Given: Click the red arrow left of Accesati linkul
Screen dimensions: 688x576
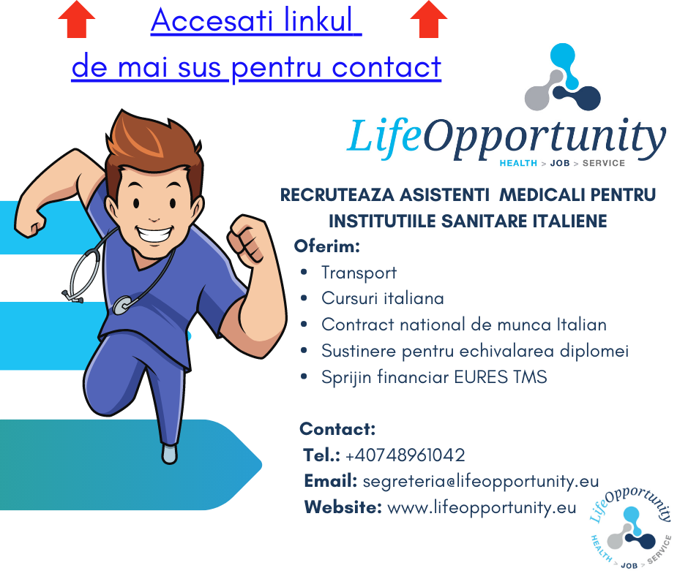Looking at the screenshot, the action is click(76, 19).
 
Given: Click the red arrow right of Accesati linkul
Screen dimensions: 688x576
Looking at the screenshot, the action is click(429, 19).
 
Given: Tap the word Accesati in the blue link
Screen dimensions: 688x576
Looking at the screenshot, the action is click(212, 20).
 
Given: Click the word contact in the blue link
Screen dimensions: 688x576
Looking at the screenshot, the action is click(386, 67).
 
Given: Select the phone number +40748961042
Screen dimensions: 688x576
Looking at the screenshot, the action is click(405, 455).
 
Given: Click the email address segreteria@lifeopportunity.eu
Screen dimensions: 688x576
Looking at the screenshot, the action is click(480, 481).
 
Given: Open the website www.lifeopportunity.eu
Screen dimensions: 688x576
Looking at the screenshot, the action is click(482, 507).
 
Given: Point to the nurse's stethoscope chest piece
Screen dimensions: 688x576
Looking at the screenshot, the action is click(122, 305).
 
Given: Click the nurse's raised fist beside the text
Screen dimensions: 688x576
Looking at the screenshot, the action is click(247, 240).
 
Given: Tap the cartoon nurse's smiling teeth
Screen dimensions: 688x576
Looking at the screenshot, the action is click(154, 232).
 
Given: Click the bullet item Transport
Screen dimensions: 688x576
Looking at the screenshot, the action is click(359, 273).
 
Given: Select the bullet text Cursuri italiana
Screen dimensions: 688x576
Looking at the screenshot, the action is click(383, 298).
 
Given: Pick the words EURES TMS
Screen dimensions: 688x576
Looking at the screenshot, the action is click(501, 377).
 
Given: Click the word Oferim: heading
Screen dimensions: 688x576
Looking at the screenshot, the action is click(327, 246).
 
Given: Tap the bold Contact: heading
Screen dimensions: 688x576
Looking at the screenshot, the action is click(337, 429).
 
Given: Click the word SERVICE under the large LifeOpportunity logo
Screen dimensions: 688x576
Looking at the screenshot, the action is click(603, 163).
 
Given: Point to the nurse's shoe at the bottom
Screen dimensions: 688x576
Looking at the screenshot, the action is click(169, 454).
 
